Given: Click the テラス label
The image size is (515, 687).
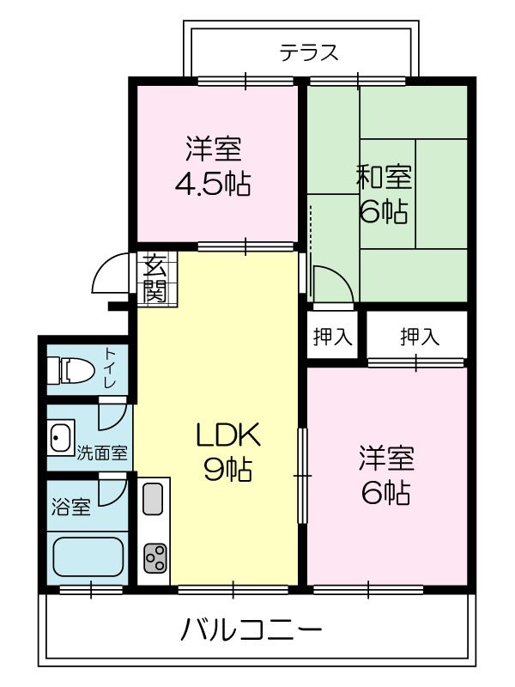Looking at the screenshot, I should click(x=309, y=53).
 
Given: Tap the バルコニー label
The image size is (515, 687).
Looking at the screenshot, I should click(x=251, y=632).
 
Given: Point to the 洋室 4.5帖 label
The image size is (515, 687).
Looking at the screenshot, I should click(x=213, y=167).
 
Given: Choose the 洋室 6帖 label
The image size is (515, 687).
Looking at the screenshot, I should click(x=386, y=475).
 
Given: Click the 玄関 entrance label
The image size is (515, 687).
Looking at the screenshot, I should click(x=154, y=278).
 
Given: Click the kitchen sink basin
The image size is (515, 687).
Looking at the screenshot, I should click(x=153, y=499).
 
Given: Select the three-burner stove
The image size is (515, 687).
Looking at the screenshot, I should click(x=154, y=559).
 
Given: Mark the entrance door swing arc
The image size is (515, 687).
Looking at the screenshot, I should click(x=110, y=275).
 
